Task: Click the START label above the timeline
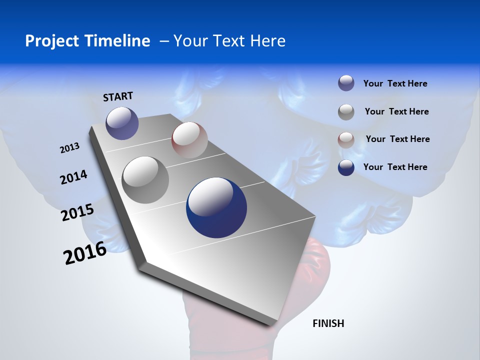pos(118,96)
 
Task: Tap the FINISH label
pos(328,323)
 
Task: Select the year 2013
pos(69,148)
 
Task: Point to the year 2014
pos(73,177)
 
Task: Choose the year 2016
pos(85,253)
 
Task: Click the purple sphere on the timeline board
pos(122,123)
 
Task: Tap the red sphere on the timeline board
pos(189,139)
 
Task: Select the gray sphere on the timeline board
pos(145,179)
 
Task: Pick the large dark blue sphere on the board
pos(216,207)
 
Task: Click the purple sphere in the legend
pos(346,83)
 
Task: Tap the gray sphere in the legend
pos(346,112)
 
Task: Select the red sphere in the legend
pos(346,140)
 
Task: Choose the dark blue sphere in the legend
pos(346,167)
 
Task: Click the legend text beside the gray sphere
pos(396,111)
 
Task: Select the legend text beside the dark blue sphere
pos(395,167)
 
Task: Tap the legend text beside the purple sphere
pos(395,83)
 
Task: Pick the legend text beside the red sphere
pos(397,139)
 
